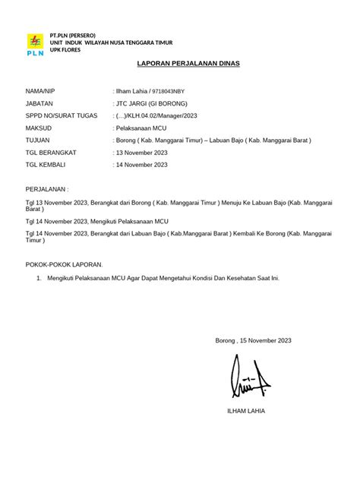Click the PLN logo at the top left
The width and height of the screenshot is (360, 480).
[x=35, y=45]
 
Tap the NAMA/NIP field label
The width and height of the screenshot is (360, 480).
[x=41, y=90]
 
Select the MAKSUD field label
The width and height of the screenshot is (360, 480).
[x=38, y=128]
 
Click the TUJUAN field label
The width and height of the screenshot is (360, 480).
[x=38, y=140]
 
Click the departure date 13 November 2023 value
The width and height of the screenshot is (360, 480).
[x=142, y=152]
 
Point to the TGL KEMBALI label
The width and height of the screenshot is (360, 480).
[x=45, y=164]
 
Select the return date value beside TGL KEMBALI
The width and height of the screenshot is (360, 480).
[x=142, y=164]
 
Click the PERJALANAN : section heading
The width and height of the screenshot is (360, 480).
[x=47, y=188]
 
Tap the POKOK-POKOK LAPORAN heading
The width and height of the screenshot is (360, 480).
[x=64, y=264]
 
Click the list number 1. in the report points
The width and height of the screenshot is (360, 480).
[x=39, y=278]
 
